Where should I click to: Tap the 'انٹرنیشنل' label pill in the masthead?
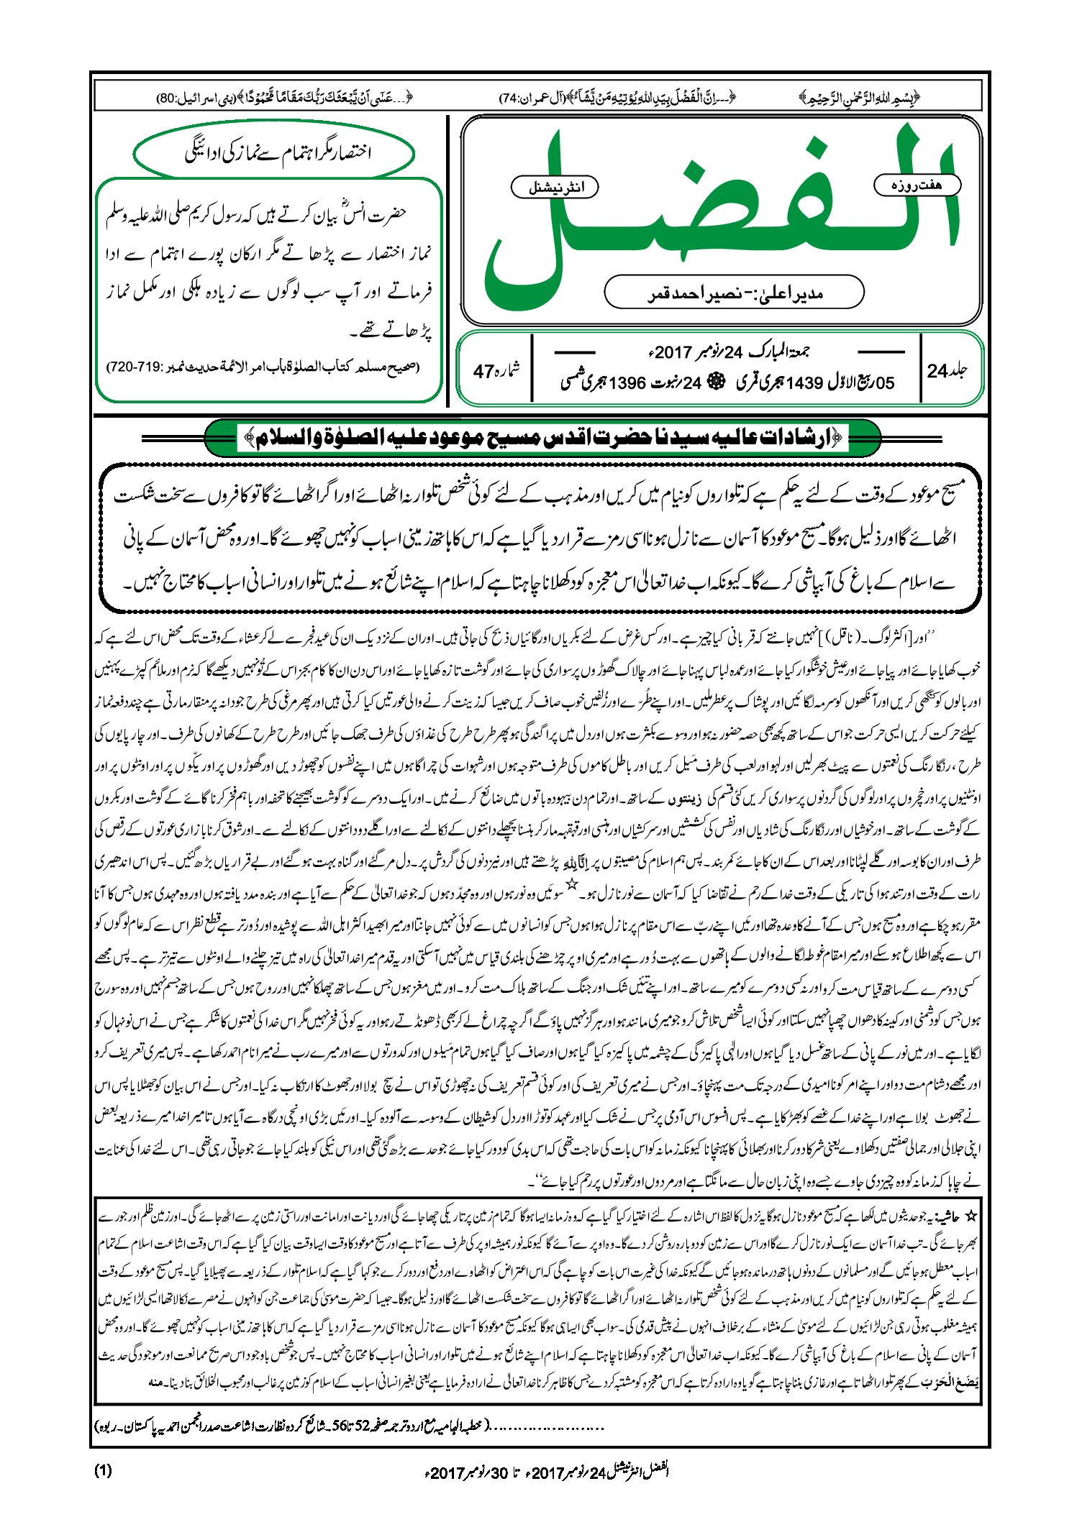[x=555, y=188]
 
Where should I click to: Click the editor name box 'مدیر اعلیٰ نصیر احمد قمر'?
[x=734, y=293]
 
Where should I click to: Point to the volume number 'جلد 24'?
[x=947, y=371]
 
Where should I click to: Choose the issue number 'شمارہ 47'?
[x=496, y=371]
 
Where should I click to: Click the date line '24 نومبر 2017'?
[x=727, y=352]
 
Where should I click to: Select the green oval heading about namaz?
[x=275, y=152]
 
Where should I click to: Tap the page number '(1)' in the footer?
[x=103, y=1470]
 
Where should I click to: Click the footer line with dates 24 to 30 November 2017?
[x=547, y=1472]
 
